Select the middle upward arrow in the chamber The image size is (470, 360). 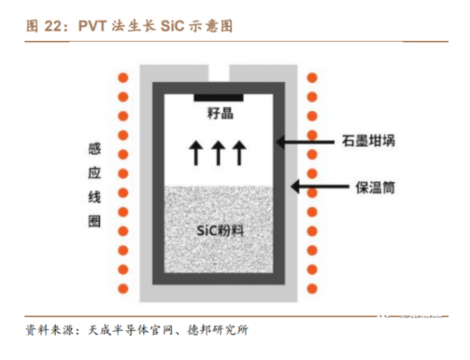click(x=219, y=151)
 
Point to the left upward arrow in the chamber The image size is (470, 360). click(x=196, y=151)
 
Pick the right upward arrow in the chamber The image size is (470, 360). click(x=241, y=151)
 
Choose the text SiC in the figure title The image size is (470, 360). click(x=172, y=27)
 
